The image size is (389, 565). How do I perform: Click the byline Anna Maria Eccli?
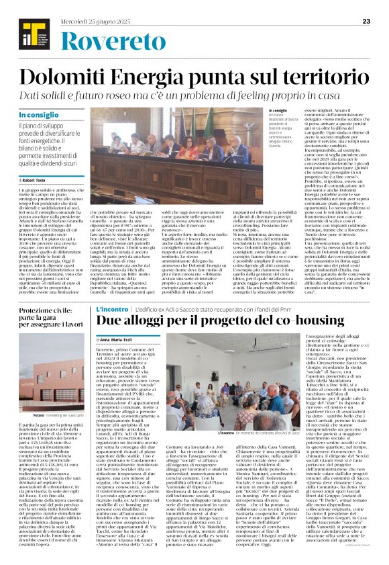point(119,341)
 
